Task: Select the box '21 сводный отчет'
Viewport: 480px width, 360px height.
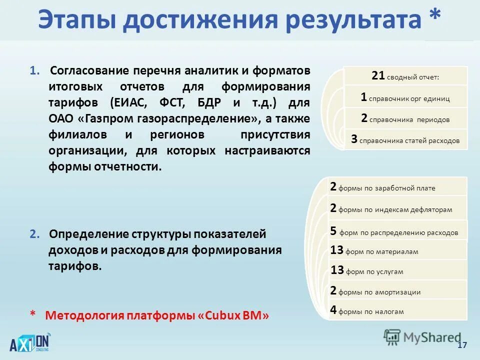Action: [405, 76]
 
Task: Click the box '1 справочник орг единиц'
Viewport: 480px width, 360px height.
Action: [405, 97]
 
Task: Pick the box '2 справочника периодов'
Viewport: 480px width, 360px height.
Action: [405, 119]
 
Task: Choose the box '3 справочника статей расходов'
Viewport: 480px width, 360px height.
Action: [405, 139]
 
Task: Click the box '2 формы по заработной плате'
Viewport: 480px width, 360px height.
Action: [397, 187]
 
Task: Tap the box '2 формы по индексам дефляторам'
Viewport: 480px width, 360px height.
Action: [397, 208]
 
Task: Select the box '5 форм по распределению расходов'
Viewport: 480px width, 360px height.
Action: [397, 231]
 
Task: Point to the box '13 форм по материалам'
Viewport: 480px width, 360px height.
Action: [397, 250]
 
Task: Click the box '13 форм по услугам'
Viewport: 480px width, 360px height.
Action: [397, 270]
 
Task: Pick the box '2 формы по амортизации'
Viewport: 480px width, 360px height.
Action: [397, 291]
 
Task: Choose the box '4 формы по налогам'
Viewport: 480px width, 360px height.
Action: [397, 310]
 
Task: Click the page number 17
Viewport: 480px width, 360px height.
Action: [461, 346]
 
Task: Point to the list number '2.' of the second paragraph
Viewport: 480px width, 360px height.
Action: [34, 234]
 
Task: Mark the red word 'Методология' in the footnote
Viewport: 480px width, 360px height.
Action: [84, 315]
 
